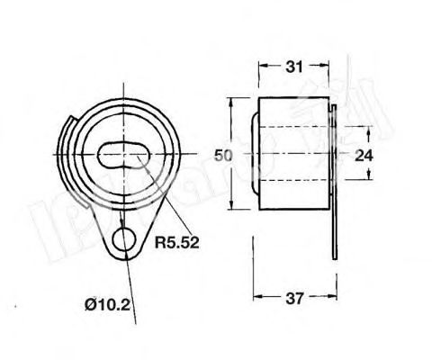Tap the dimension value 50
(225, 155)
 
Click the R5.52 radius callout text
(175, 241)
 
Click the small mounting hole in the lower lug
(123, 240)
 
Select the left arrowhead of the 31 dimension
(262, 67)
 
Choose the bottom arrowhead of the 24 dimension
(346, 177)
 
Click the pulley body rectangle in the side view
(292, 155)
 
